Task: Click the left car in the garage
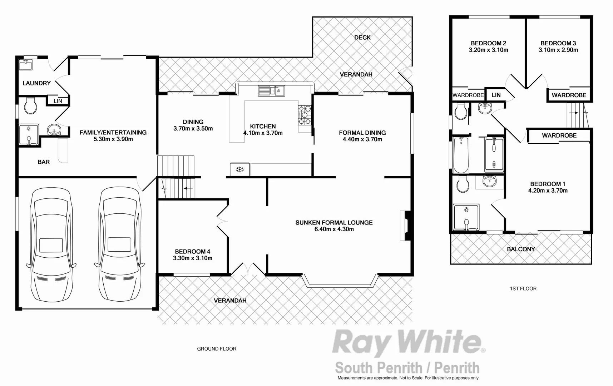51,245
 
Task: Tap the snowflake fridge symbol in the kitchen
239,169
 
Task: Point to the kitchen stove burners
305,115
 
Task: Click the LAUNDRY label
36,83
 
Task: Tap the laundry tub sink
26,65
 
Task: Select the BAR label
44,162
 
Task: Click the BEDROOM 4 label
193,252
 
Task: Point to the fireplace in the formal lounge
405,226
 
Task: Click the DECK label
362,38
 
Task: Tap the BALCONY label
521,249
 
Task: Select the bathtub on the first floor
461,155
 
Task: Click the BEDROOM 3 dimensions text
558,50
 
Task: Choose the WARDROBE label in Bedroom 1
559,135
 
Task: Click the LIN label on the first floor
496,95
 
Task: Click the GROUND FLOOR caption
217,349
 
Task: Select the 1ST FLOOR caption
523,288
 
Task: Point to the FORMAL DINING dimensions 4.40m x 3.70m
362,139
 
